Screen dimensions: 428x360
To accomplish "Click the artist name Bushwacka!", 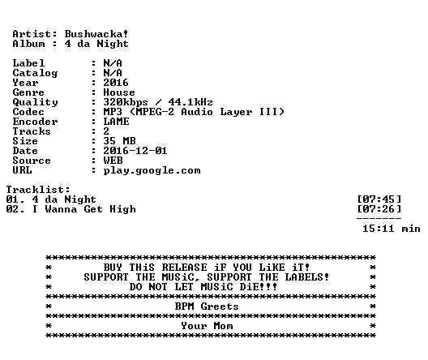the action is pyautogui.click(x=96, y=34).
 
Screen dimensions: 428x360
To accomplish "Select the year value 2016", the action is pyautogui.click(x=116, y=83).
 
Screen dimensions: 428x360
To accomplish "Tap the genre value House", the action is pyautogui.click(x=119, y=92).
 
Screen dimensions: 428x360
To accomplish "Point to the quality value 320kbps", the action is pyautogui.click(x=126, y=102).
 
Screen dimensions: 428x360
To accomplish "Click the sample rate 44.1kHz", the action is pyautogui.click(x=190, y=102).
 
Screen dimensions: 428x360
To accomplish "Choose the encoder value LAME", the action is pyautogui.click(x=116, y=122).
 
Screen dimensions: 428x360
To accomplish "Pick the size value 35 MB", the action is pyautogui.click(x=119, y=141).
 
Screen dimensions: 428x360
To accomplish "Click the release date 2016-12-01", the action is pyautogui.click(x=135, y=151).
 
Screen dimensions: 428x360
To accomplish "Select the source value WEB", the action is pyautogui.click(x=113, y=161).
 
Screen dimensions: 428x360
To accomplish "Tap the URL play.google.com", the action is pyautogui.click(x=152, y=170).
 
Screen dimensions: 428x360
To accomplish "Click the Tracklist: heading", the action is pyautogui.click(x=38, y=190).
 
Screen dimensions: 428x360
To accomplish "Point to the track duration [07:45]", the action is pyautogui.click(x=379, y=199).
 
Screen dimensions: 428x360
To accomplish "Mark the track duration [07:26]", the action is pyautogui.click(x=379, y=209).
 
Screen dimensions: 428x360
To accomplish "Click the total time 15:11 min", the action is pyautogui.click(x=392, y=229).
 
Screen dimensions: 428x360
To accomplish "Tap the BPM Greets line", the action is pyautogui.click(x=207, y=306).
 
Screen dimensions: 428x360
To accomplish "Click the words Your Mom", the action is pyautogui.click(x=207, y=326).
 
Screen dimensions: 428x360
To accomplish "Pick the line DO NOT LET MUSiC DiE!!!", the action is pyautogui.click(x=203, y=287).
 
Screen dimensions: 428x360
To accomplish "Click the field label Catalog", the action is pyautogui.click(x=35, y=73).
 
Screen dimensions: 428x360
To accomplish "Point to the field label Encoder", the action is pyautogui.click(x=35, y=122).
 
